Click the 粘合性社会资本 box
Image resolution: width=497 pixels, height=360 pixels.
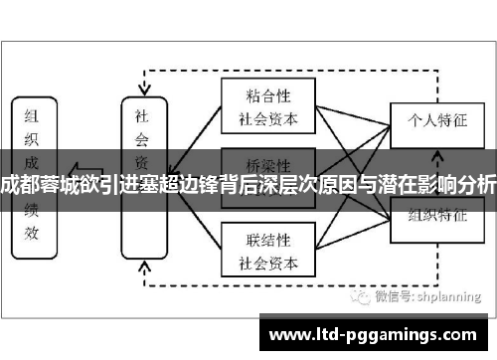click(x=266, y=105)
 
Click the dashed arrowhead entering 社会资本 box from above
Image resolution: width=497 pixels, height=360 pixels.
click(x=142, y=90)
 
